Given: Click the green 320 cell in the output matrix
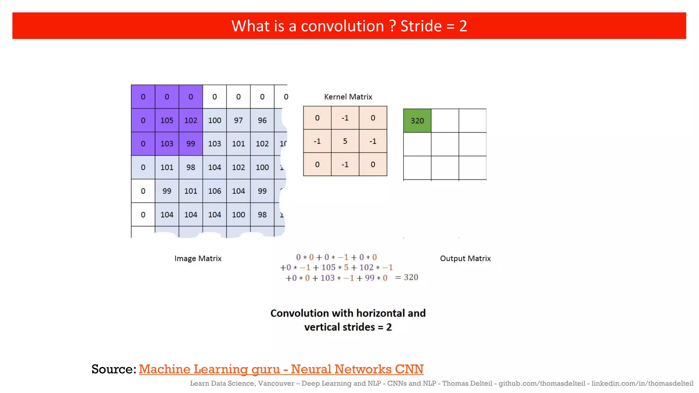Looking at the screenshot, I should pos(417,121).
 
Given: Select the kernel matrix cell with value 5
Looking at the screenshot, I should pos(345,141).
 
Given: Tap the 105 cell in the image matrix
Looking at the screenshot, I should pos(167,120).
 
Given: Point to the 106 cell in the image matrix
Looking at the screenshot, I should pos(215,191).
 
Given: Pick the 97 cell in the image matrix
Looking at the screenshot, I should pos(238,120).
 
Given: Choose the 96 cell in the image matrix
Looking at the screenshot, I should pos(262,120).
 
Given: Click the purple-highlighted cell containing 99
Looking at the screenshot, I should pos(191,144).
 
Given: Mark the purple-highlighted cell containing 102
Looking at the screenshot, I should pos(191,120).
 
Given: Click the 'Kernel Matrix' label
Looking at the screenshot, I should pos(348,97).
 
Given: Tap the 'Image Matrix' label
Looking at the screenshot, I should pos(198,259).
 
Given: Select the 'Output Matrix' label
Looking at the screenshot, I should pos(465,259).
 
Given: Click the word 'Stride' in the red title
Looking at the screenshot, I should pos(421,26).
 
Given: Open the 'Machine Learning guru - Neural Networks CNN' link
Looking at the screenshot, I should pos(281,369).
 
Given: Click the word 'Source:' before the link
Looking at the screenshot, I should pos(114,369).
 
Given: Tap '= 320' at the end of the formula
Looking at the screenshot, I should pos(406,277).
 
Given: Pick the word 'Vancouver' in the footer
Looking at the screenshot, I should pos(276,383).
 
